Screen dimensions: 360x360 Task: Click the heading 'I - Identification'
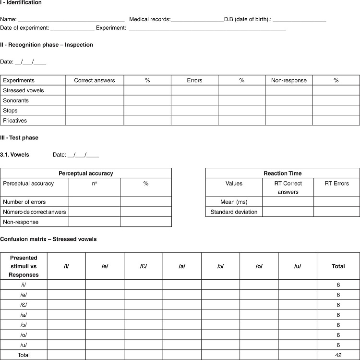tap(21, 3)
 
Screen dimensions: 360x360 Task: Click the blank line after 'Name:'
tap(71, 20)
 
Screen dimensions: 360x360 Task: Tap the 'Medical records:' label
tap(150, 20)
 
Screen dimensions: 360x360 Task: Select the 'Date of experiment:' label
tap(24, 28)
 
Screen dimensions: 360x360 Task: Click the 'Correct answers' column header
tap(95, 80)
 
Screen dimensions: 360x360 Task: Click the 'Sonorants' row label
tap(16, 100)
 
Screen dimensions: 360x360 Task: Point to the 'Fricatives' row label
tap(15, 121)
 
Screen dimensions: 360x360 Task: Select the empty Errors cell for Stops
tap(194, 111)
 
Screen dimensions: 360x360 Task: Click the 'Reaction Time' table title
tap(283, 173)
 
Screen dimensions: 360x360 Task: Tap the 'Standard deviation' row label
tap(234, 212)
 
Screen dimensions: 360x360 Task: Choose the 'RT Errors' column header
tap(336, 183)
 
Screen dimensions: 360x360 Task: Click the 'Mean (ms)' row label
tap(234, 202)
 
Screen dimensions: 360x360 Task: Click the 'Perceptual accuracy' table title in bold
tap(86, 173)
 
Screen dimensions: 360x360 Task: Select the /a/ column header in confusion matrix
tap(182, 266)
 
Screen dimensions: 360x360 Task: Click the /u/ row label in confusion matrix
tap(24, 345)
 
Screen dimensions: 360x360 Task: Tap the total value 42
tap(338, 355)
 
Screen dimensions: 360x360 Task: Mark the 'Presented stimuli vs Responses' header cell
tap(24, 266)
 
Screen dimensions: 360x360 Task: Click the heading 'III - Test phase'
tap(19, 138)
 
